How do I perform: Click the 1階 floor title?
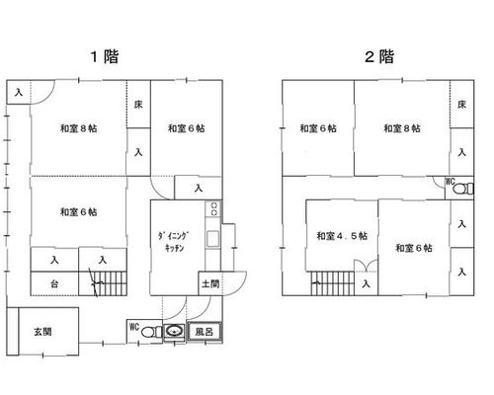pyautogui.click(x=105, y=56)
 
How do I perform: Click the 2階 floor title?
pyautogui.click(x=379, y=56)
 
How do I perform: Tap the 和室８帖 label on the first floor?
pyautogui.click(x=78, y=128)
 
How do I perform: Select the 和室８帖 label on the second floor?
pyautogui.click(x=402, y=128)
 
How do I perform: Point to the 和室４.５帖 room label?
pyautogui.click(x=342, y=236)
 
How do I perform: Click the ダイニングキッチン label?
pyautogui.click(x=173, y=242)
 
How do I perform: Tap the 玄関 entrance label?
pyautogui.click(x=42, y=332)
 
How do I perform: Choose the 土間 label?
pyautogui.click(x=210, y=283)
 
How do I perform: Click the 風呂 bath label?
pyautogui.click(x=205, y=332)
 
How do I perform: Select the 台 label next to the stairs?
pyautogui.click(x=54, y=283)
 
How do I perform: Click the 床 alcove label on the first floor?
pyautogui.click(x=138, y=105)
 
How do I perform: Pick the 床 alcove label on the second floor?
pyautogui.click(x=462, y=105)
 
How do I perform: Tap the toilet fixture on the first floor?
pyautogui.click(x=152, y=332)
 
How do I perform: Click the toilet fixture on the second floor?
pyautogui.click(x=463, y=189)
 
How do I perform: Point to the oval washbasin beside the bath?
pyautogui.click(x=175, y=331)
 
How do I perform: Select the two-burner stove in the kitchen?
pyautogui.click(x=214, y=208)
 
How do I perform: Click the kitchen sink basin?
pyautogui.click(x=212, y=239)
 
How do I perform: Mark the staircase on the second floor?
pyautogui.click(x=333, y=283)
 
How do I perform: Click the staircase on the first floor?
pyautogui.click(x=103, y=283)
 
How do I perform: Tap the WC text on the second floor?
pyautogui.click(x=450, y=181)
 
